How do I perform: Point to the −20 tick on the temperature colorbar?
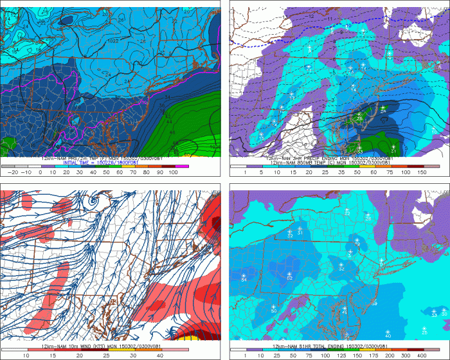pyautogui.click(x=10, y=172)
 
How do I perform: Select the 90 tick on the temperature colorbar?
pyautogui.click(x=160, y=172)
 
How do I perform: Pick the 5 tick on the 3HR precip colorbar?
pyautogui.click(x=261, y=172)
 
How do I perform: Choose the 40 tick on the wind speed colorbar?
pyautogui.click(x=160, y=354)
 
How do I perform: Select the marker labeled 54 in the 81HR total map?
pyautogui.click(x=244, y=278)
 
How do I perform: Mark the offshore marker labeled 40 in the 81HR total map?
pyautogui.click(x=388, y=333)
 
